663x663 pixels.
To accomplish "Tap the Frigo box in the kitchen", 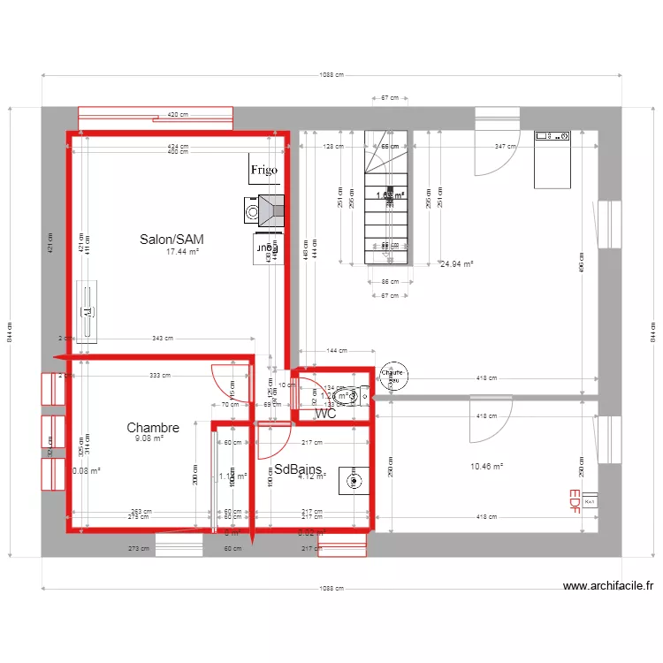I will coord(263,170).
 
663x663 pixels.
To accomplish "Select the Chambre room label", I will coord(153,428).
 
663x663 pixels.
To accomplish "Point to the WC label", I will coord(325,413).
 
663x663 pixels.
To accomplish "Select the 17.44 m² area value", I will coord(183,252).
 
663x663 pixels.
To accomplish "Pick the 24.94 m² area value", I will coord(456,263).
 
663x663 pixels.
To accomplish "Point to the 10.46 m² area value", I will coord(485,466).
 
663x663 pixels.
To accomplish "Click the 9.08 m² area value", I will coord(149,438).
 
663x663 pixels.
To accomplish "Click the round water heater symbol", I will coord(392,374).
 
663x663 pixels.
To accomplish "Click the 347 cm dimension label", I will coord(506,146).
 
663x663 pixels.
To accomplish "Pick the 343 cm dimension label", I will coord(162,338).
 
